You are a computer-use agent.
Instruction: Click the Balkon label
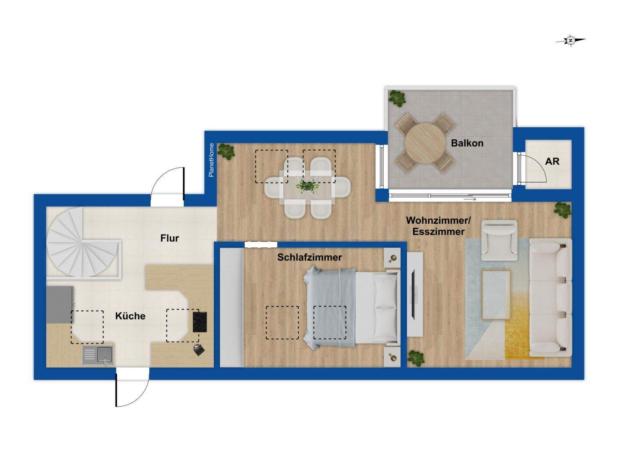(467, 143)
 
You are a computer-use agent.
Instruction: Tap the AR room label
(552, 161)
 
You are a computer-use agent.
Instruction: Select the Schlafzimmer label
(309, 257)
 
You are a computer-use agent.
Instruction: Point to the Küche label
(130, 316)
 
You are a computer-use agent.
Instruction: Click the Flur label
(170, 238)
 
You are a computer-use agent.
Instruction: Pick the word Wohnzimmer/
(438, 220)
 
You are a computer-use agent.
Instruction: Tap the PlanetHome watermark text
(211, 160)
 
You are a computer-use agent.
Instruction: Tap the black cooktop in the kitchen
(200, 322)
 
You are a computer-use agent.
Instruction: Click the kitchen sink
(98, 355)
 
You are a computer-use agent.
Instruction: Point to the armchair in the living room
(499, 241)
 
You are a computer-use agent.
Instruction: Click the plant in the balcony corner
(397, 98)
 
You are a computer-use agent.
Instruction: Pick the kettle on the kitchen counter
(199, 350)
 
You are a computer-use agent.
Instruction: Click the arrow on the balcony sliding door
(470, 199)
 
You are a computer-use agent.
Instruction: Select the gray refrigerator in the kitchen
(60, 305)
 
